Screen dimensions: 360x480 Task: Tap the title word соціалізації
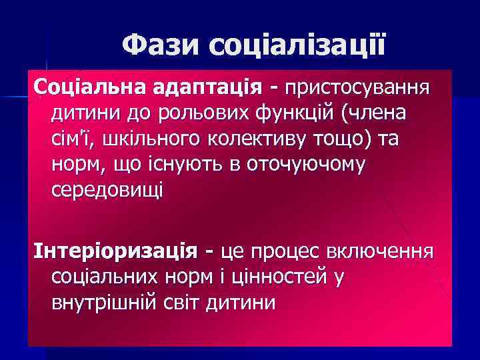pos(297,45)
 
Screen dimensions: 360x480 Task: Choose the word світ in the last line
pos(183,303)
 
